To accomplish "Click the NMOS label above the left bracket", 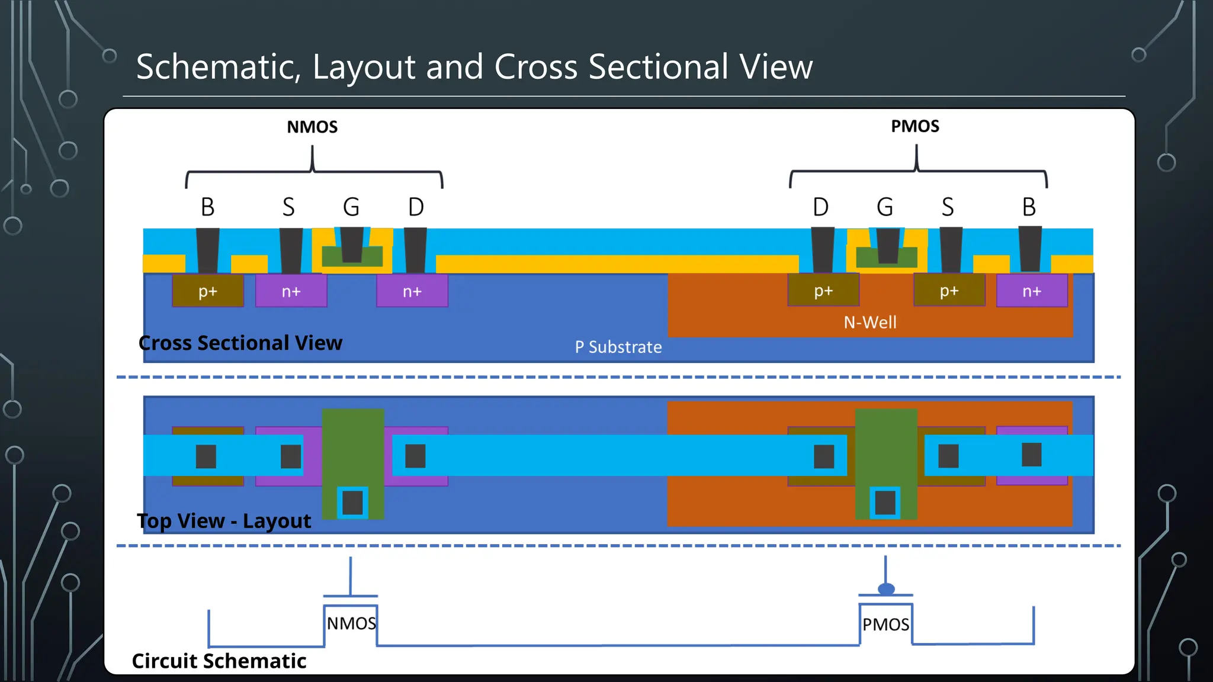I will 312,127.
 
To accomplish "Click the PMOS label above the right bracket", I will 915,126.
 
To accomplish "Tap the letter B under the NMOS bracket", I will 207,207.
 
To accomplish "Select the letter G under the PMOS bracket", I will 885,207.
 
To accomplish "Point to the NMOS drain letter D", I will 416,207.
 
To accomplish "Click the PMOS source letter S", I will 948,207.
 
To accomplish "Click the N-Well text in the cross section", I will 869,323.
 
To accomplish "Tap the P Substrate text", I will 618,347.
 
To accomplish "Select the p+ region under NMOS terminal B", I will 208,291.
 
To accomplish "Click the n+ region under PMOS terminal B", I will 1032,291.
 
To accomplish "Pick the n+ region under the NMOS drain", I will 412,291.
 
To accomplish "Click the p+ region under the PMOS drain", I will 823,291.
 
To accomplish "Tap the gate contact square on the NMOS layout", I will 352,503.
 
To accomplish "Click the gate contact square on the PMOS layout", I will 885,503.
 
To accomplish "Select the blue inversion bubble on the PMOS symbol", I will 886,588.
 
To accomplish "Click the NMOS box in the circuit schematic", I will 351,623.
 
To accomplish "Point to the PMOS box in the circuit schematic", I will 885,625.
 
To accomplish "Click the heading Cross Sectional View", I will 240,343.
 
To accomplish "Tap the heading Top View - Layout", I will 224,521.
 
